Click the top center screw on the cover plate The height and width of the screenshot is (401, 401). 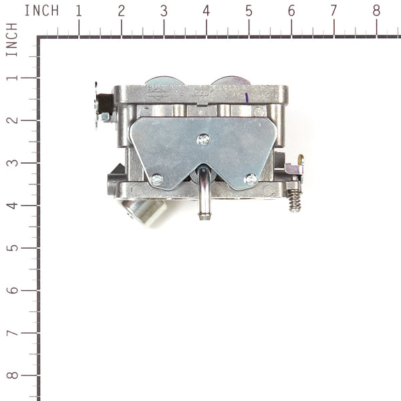(x=204, y=139)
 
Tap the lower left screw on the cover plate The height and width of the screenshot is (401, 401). (x=156, y=179)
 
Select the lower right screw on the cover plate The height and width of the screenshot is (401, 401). (x=251, y=179)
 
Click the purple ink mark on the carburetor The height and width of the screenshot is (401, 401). (x=249, y=98)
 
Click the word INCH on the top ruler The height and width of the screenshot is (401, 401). (x=41, y=11)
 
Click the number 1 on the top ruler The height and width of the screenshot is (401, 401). (x=79, y=11)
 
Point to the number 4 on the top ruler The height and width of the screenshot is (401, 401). (x=206, y=11)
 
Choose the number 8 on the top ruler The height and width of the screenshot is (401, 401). (x=376, y=11)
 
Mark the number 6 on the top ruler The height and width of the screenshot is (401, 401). (x=291, y=11)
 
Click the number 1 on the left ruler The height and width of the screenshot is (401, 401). (x=11, y=78)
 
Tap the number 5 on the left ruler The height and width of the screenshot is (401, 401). (x=11, y=248)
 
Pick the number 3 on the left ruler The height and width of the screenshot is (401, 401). (x=11, y=163)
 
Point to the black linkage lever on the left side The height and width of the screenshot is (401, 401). (x=104, y=104)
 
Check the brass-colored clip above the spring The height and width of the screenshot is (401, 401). (x=300, y=160)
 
